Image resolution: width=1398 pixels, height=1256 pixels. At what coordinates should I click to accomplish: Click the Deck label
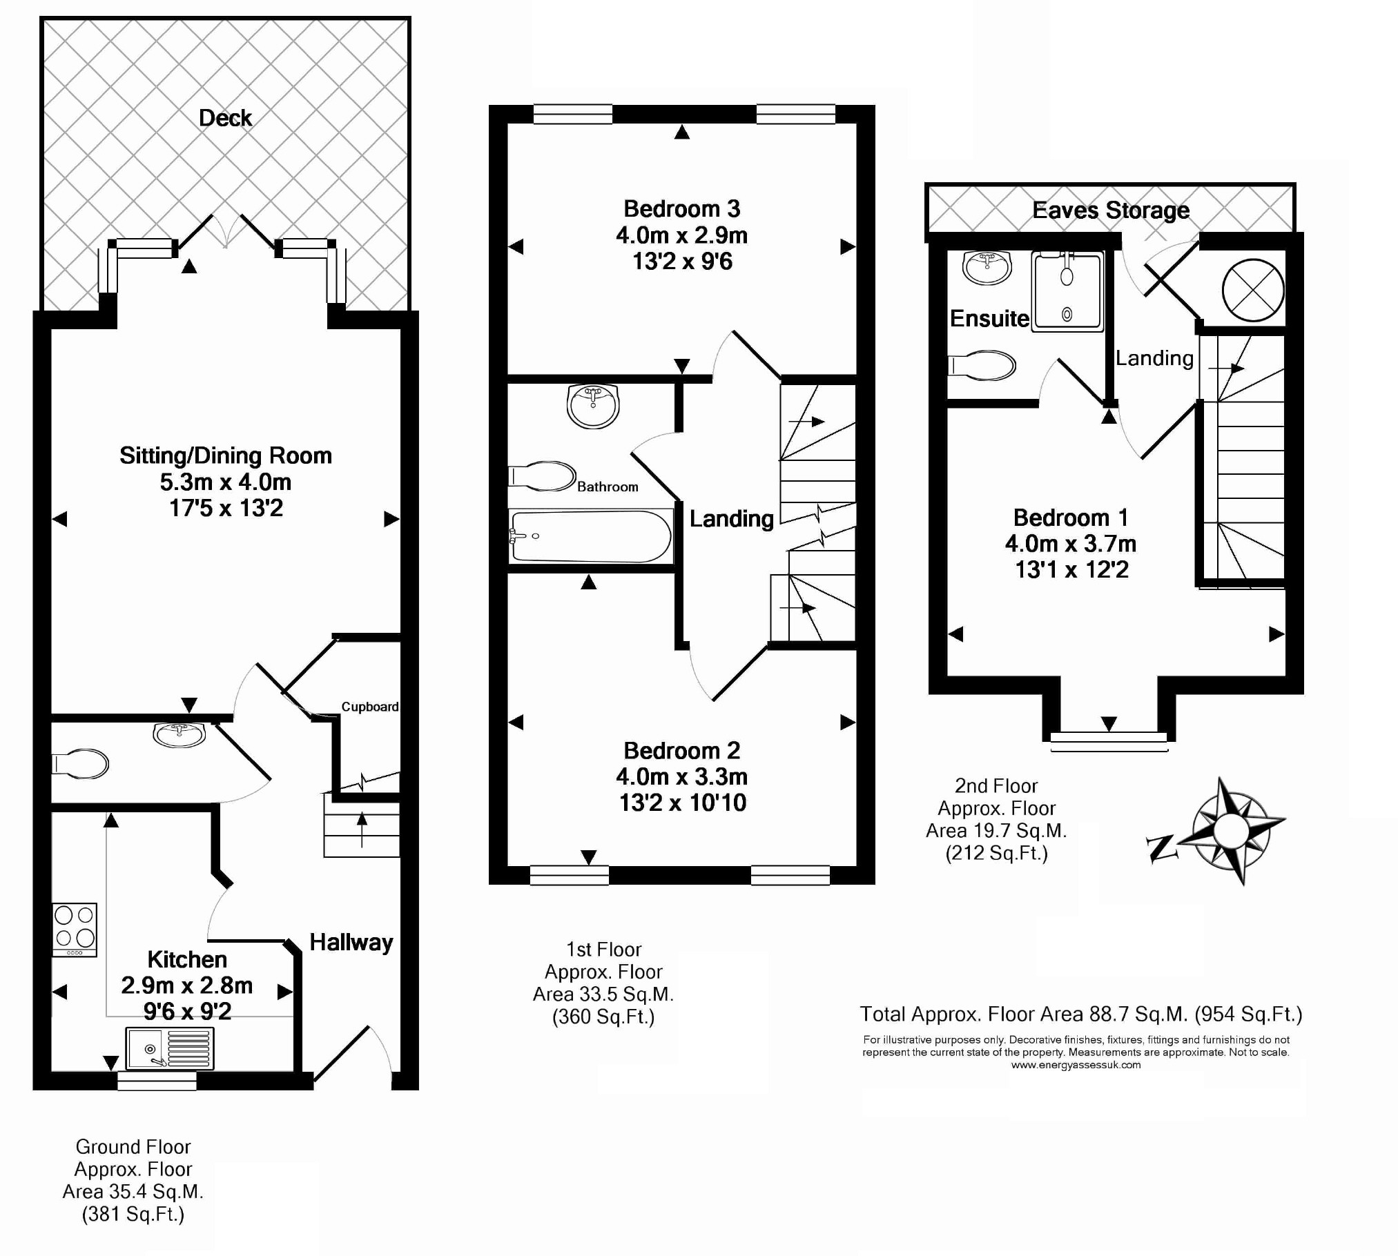click(225, 118)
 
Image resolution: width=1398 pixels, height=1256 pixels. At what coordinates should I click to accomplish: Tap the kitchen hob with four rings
click(75, 930)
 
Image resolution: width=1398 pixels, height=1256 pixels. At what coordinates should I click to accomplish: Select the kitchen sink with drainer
click(170, 1048)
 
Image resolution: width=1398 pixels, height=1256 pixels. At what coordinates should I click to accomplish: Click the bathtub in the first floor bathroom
click(591, 536)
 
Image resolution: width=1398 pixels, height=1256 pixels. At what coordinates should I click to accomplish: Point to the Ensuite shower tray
click(1068, 291)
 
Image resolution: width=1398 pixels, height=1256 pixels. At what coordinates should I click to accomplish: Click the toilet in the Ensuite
click(981, 366)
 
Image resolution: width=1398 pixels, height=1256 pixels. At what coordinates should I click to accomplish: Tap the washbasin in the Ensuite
click(987, 267)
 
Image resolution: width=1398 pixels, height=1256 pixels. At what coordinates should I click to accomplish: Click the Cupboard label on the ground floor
click(370, 707)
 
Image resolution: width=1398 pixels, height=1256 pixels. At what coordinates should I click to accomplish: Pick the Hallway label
click(351, 943)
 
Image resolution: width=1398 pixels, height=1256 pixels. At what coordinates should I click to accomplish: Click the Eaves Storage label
click(1111, 210)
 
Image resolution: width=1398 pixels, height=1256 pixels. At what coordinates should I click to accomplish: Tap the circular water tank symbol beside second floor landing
click(1253, 291)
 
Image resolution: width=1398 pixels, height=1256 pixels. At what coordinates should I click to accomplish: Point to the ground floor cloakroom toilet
click(80, 764)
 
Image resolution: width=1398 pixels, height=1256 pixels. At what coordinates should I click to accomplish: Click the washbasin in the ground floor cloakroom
click(179, 734)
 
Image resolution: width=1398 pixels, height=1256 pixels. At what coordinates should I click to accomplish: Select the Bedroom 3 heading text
click(682, 208)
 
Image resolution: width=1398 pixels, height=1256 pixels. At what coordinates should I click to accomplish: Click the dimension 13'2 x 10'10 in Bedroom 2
click(683, 803)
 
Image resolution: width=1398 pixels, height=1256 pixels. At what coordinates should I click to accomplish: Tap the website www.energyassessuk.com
click(1076, 1065)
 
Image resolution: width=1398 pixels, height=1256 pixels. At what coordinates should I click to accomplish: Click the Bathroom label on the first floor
click(608, 487)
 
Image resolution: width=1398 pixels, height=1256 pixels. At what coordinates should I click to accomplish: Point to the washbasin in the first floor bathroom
click(593, 406)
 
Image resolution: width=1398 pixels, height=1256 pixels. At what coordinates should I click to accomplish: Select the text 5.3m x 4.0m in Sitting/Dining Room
click(226, 482)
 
